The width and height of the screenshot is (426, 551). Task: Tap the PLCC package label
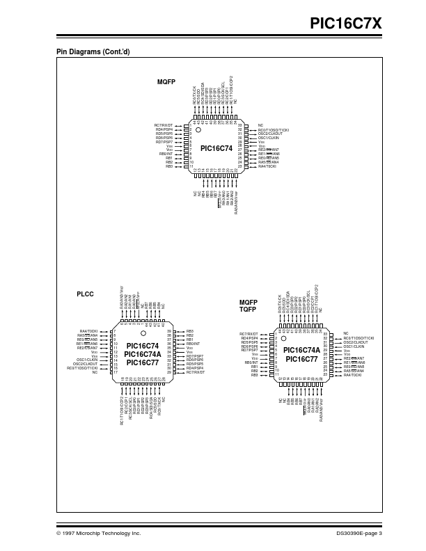click(x=85, y=295)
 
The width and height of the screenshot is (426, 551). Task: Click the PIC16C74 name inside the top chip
click(x=215, y=148)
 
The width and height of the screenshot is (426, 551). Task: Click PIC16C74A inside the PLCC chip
click(x=142, y=354)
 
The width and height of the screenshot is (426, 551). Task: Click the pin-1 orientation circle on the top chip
click(x=198, y=129)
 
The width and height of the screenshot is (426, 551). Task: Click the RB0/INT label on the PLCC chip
click(x=193, y=344)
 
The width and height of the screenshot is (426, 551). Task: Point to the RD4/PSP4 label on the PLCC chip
click(x=194, y=368)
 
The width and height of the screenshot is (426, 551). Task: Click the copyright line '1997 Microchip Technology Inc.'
click(x=101, y=533)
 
